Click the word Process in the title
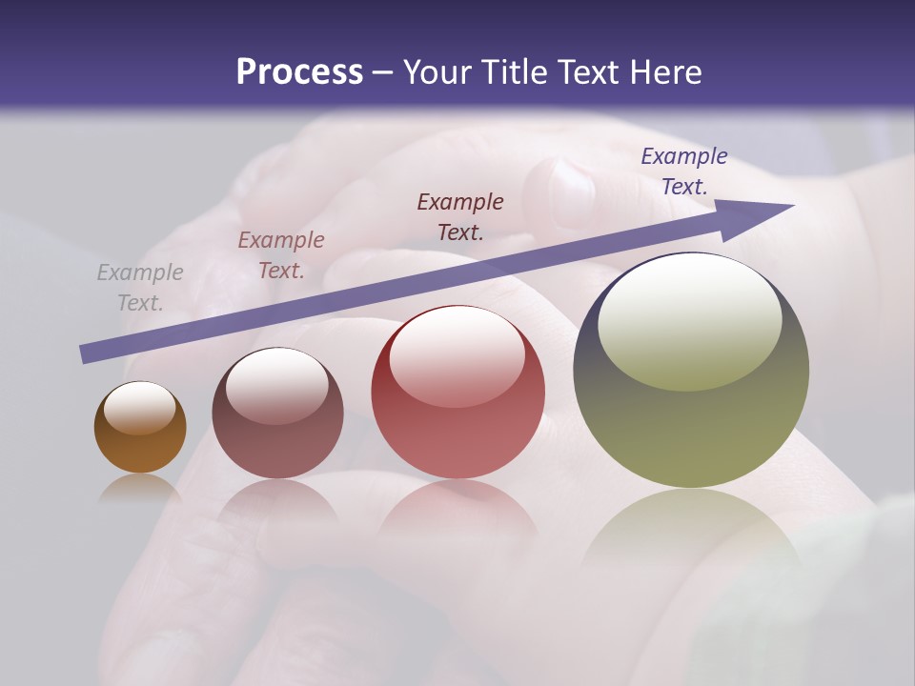tap(299, 71)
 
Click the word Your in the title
tap(440, 71)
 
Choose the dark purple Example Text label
tap(684, 171)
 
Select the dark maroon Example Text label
tap(460, 216)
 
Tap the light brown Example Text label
tap(281, 255)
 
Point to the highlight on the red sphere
tap(457, 355)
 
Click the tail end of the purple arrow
tap(88, 353)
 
